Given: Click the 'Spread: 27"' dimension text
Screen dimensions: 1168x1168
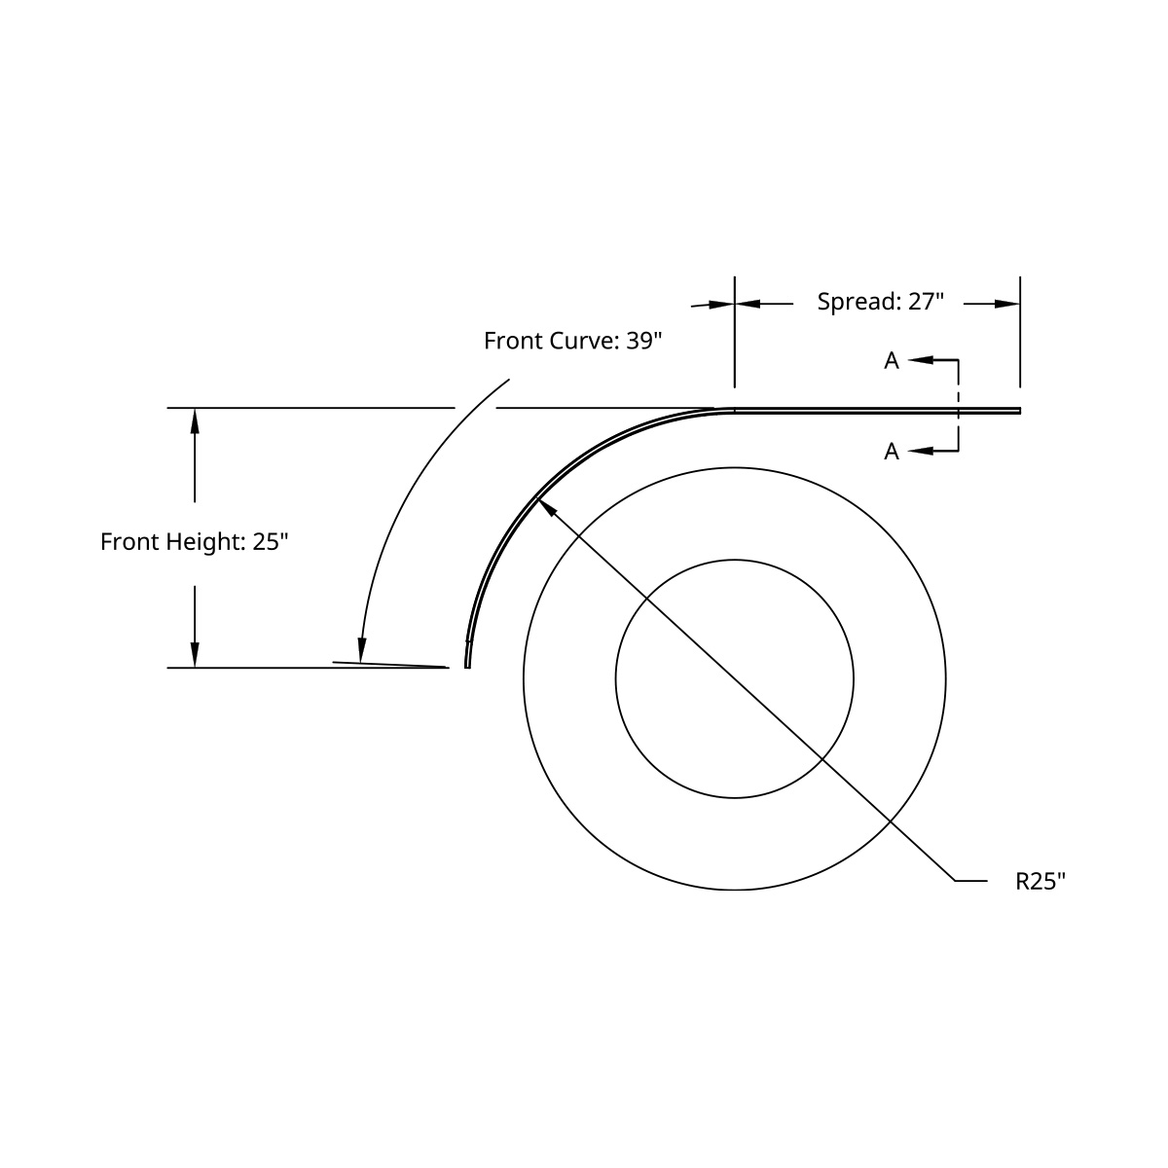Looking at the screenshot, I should (x=880, y=302).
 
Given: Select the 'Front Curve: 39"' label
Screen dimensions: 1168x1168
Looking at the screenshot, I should (x=572, y=341).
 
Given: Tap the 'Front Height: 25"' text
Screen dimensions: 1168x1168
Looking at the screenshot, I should (x=195, y=542).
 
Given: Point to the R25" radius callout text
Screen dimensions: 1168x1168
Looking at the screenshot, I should (x=1040, y=882).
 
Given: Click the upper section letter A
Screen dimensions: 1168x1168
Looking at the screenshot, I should (x=891, y=361).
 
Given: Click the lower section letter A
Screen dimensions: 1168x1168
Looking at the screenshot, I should (x=891, y=452).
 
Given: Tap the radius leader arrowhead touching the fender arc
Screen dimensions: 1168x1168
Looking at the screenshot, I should (x=545, y=507).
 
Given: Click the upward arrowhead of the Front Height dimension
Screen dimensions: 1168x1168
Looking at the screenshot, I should (x=195, y=420).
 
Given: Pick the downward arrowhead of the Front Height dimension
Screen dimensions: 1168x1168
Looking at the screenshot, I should (x=195, y=655).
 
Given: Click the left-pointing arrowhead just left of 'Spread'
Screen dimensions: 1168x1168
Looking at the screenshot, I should (x=748, y=304).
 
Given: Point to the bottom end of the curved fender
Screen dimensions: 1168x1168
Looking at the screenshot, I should (x=467, y=666).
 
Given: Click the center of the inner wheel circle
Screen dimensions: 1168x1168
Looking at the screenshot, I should (x=735, y=678).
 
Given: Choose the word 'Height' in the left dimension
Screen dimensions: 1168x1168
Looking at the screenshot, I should (x=212, y=542).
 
